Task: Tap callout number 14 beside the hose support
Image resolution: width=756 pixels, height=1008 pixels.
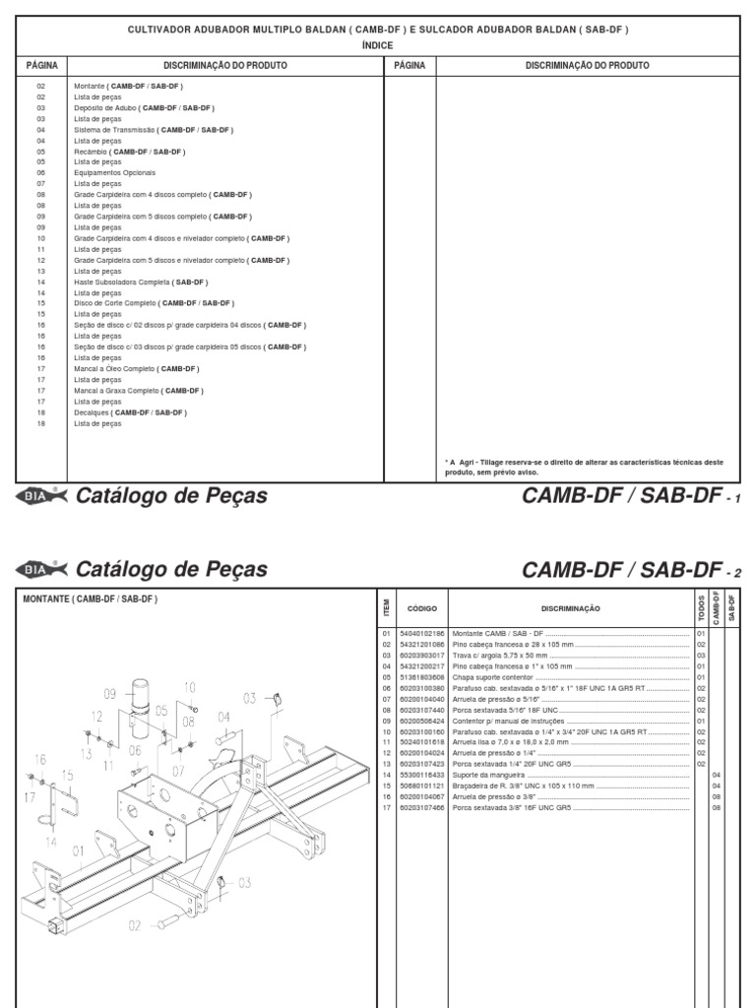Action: pyautogui.click(x=50, y=843)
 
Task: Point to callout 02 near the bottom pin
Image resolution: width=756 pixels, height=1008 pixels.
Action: pyautogui.click(x=134, y=925)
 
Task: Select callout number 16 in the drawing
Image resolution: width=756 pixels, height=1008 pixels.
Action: pyautogui.click(x=40, y=759)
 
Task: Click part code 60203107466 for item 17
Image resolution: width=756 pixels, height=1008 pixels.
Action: pyautogui.click(x=421, y=807)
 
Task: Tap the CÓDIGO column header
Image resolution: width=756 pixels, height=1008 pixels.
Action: pyautogui.click(x=421, y=609)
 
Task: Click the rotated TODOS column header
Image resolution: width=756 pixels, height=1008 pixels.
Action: pyautogui.click(x=701, y=607)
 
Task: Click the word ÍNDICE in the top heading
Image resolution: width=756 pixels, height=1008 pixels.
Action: pyautogui.click(x=378, y=45)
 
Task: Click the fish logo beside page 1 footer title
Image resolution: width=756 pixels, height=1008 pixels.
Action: pyautogui.click(x=41, y=496)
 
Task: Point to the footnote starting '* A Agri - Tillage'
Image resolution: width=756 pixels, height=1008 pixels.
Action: pyautogui.click(x=584, y=467)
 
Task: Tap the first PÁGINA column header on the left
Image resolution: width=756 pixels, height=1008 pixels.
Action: pyautogui.click(x=41, y=65)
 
